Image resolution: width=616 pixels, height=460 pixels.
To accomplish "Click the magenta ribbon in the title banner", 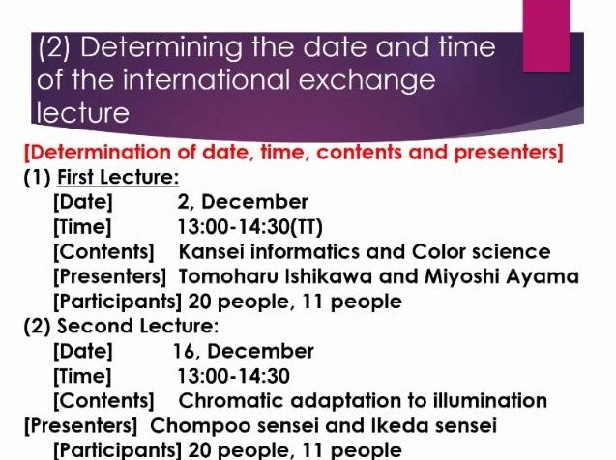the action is point(546,36).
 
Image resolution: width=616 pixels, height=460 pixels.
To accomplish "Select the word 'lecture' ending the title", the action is point(83,113).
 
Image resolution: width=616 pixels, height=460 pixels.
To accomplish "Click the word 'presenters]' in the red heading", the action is point(509,153).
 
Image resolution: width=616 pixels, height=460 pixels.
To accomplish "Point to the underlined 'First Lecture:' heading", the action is point(118,178).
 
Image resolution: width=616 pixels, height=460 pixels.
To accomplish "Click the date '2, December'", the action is point(243,202).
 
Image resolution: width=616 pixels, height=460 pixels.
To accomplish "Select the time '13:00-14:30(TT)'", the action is point(250,227).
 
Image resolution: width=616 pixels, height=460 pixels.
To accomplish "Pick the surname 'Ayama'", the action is point(543,276).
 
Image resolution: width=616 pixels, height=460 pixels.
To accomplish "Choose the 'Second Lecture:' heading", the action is point(137,327).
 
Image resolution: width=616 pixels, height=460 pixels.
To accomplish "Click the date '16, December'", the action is point(244,351).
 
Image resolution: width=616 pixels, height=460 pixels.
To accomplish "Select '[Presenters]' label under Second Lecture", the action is point(81,426).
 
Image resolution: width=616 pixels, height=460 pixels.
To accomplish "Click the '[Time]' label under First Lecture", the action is point(82,227).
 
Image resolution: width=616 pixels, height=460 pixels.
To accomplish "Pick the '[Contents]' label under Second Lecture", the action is point(103,401).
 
